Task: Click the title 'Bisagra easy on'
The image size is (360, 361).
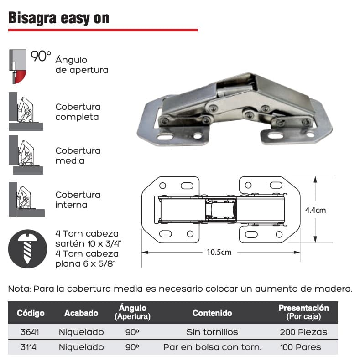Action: pos(59,18)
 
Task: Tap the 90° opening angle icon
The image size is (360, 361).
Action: pos(18,67)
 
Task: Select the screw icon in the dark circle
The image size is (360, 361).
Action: pos(28,249)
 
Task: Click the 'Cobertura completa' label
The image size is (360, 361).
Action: pos(78,112)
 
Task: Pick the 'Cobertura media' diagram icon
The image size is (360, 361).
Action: pos(26,155)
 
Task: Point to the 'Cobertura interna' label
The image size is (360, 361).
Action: pos(78,200)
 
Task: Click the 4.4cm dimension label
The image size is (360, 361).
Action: pos(315,210)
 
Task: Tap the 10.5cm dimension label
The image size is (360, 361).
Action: pos(219,252)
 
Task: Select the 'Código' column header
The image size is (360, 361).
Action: pos(31,313)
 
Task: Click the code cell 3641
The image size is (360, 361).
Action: pos(30,332)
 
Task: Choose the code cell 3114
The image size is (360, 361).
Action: pos(28,347)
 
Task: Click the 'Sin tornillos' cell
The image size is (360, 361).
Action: pos(212,332)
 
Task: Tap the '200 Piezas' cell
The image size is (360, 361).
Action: pos(303,332)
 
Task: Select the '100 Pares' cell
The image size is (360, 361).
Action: pos(300,347)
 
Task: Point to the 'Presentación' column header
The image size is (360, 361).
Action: pos(303,308)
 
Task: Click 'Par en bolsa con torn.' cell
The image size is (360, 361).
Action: pos(212,347)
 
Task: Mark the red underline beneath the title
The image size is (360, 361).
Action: pos(103,30)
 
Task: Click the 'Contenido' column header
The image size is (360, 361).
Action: pos(212,313)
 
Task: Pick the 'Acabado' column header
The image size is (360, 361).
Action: pos(81,313)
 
